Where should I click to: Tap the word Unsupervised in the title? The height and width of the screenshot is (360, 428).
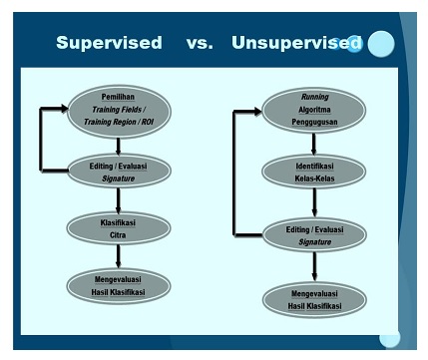[290, 43]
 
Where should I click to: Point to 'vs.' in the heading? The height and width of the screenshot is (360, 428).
[199, 43]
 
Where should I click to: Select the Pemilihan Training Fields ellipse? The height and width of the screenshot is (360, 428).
[119, 111]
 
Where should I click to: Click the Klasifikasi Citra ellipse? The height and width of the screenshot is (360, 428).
[118, 227]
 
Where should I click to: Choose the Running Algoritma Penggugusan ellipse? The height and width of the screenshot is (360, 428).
[314, 110]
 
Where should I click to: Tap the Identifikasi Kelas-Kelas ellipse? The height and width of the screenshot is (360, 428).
[314, 172]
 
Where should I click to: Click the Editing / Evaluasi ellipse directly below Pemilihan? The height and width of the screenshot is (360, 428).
[118, 170]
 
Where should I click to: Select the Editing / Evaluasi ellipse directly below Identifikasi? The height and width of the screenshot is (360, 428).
[314, 236]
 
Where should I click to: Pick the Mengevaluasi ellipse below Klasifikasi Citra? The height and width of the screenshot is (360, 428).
[118, 285]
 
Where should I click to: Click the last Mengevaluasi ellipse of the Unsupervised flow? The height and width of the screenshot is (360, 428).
[314, 299]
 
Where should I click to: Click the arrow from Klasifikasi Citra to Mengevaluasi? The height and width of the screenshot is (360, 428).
[118, 256]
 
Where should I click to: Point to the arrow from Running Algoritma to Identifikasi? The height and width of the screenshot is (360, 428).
[314, 144]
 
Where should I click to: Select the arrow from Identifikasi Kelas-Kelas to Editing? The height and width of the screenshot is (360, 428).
[314, 204]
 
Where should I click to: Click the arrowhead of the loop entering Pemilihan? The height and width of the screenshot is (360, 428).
[63, 107]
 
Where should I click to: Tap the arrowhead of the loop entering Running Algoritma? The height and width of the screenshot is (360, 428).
[257, 111]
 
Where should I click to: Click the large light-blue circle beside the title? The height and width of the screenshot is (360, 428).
[381, 44]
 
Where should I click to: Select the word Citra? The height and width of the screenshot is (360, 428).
[118, 234]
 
